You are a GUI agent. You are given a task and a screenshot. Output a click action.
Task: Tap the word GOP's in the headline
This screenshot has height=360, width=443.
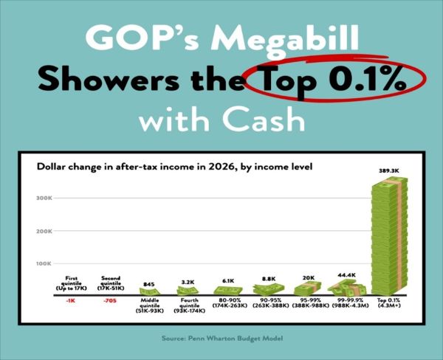[129, 38]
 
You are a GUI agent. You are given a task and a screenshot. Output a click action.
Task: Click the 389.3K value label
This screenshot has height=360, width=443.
[387, 171]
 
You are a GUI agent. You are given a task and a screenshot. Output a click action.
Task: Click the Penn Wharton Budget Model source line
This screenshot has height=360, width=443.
[221, 339]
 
